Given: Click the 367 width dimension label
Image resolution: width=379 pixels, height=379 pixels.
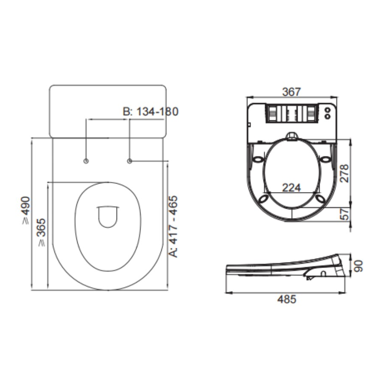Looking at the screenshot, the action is pyautogui.click(x=292, y=92).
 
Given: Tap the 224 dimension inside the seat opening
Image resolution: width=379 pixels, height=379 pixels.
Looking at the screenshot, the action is pyautogui.click(x=292, y=187).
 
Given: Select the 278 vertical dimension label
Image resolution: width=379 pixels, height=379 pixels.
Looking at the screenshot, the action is pyautogui.click(x=344, y=173).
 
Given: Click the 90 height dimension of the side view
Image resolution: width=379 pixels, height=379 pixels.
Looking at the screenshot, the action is pyautogui.click(x=358, y=266).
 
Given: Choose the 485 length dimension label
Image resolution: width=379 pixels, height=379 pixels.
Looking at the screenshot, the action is pyautogui.click(x=287, y=299).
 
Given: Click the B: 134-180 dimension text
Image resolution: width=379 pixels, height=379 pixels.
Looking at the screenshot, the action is pyautogui.click(x=151, y=111).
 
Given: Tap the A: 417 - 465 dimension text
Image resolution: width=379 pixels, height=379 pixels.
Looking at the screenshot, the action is pyautogui.click(x=173, y=227).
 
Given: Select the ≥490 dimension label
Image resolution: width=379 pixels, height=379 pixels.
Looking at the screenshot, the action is pyautogui.click(x=26, y=210).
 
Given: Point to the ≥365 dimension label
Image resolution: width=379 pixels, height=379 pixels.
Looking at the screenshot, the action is pyautogui.click(x=41, y=233).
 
